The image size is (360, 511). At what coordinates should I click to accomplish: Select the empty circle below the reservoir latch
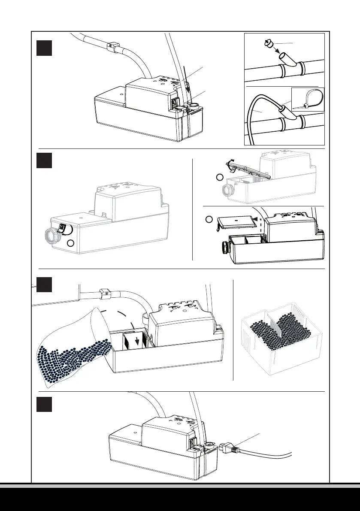coord(71,244)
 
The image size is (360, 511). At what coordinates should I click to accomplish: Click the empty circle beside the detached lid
coord(209,219)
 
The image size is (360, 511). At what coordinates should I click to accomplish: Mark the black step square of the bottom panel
coord(44,405)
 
